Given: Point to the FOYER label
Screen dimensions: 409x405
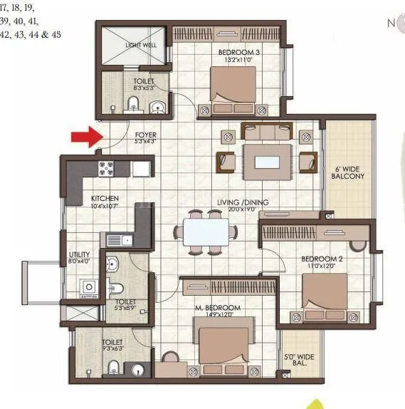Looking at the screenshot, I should tap(146, 135).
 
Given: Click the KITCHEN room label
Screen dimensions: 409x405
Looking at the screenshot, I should tap(105, 199).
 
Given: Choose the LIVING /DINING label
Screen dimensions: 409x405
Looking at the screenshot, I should tap(243, 203).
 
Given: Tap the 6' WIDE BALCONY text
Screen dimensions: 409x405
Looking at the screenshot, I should tap(349, 172).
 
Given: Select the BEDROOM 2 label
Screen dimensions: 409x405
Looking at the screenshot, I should tap(322, 259).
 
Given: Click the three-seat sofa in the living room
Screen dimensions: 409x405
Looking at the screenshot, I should tap(267, 130).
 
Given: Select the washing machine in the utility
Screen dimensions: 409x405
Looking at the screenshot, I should tap(90, 288).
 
